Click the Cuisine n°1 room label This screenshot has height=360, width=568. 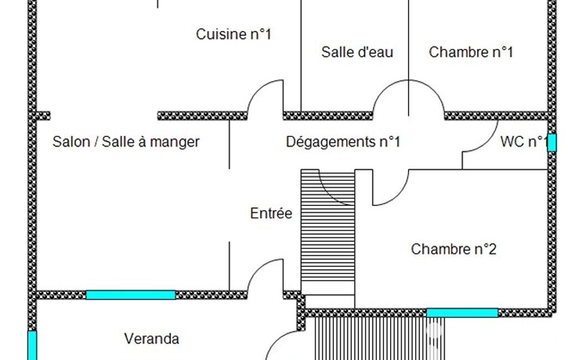(233, 34)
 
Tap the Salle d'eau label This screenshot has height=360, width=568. (357, 52)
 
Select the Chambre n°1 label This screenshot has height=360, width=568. (470, 52)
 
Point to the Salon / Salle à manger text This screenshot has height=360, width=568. (126, 142)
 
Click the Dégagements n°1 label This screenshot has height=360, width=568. (342, 142)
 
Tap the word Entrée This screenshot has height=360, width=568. (271, 213)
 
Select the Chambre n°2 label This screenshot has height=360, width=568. (453, 249)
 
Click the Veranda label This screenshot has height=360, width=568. (151, 338)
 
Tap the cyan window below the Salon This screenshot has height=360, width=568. (131, 295)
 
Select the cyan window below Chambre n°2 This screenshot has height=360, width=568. (462, 313)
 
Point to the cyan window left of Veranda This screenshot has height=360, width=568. (32, 344)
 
